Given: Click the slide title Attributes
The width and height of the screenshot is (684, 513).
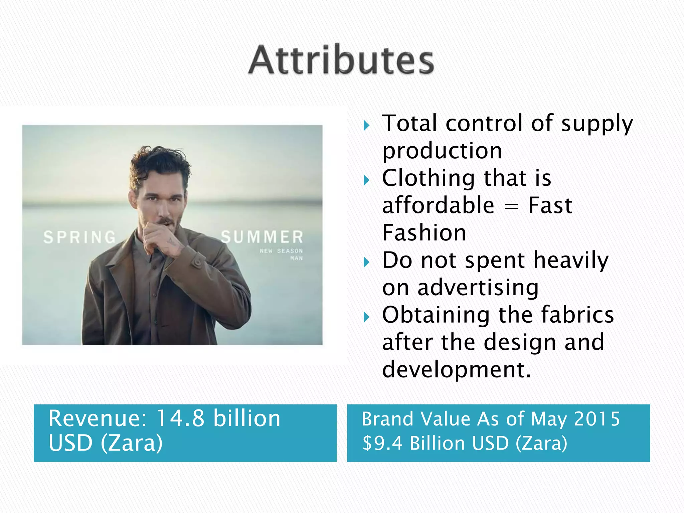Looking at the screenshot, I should click(x=341, y=60).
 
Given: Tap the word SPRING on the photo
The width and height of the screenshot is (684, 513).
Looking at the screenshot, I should click(x=79, y=237).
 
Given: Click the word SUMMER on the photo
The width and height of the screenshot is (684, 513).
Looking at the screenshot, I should click(x=262, y=237).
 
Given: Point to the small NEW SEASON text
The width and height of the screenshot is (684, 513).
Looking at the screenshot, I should click(x=281, y=250).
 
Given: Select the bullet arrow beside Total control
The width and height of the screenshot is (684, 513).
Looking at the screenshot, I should click(x=367, y=126).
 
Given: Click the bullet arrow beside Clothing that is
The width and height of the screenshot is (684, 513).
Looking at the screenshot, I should click(x=367, y=180).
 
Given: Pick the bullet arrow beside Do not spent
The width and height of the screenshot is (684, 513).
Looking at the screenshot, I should click(x=367, y=263).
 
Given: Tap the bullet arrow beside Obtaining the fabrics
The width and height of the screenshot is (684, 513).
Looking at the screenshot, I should click(x=367, y=317).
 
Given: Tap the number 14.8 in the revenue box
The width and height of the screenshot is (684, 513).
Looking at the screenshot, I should click(x=180, y=418).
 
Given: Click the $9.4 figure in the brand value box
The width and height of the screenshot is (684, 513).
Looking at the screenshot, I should click(x=383, y=443).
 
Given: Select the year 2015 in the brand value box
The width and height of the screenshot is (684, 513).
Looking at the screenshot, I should click(x=596, y=419).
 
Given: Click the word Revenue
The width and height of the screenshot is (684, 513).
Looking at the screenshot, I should click(x=97, y=418).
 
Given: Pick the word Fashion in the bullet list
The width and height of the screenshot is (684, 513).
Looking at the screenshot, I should click(x=424, y=233).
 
